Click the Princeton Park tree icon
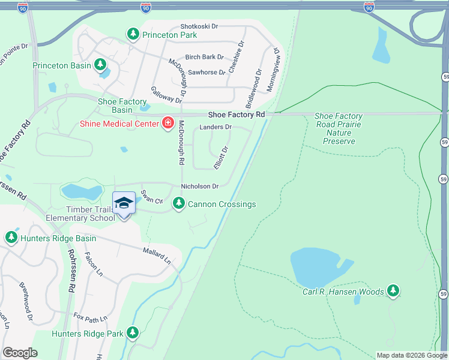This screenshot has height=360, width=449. pyautogui.click(x=133, y=35)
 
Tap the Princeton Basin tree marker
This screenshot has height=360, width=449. pyautogui.click(x=100, y=65)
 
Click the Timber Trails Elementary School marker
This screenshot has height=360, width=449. pyautogui.click(x=124, y=203)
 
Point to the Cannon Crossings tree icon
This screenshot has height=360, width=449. pyautogui.click(x=178, y=204)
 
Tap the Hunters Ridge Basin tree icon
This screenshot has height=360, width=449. pyautogui.click(x=11, y=238)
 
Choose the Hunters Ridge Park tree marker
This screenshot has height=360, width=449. pyautogui.click(x=132, y=333)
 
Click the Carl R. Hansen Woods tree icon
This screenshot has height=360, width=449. pyautogui.click(x=393, y=292)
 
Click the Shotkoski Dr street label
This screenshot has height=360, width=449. pyautogui.click(x=200, y=27)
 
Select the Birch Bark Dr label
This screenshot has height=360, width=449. pyautogui.click(x=204, y=57)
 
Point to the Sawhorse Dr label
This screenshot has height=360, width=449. pyautogui.click(x=206, y=72)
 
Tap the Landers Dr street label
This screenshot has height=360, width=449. pyautogui.click(x=215, y=127)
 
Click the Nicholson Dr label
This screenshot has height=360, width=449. pyautogui.click(x=200, y=187)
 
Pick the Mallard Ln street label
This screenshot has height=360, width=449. pyautogui.click(x=157, y=254)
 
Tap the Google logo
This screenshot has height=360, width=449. pyautogui.click(x=20, y=353)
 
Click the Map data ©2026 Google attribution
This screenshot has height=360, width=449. pyautogui.click(x=412, y=355)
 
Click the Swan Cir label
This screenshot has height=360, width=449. pyautogui.click(x=151, y=197)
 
